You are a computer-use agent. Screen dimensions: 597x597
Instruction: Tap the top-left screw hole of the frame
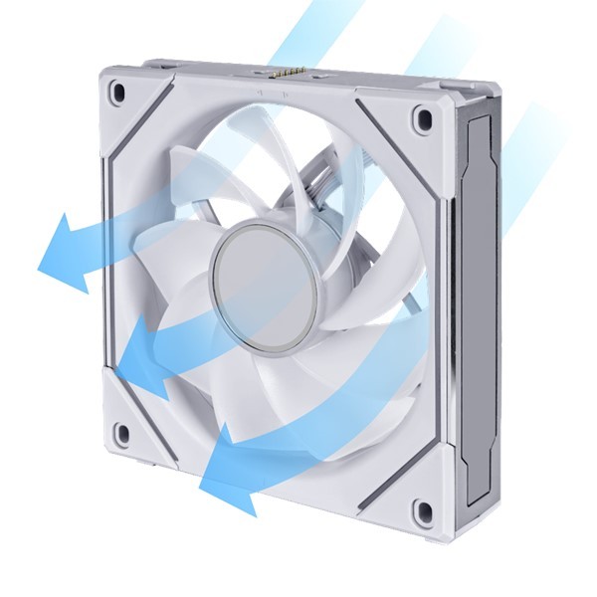pyautogui.click(x=118, y=94)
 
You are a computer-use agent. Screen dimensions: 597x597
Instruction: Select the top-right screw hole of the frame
pyautogui.click(x=424, y=118)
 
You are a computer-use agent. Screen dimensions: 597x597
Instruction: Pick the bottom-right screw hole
pyautogui.click(x=422, y=513)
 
